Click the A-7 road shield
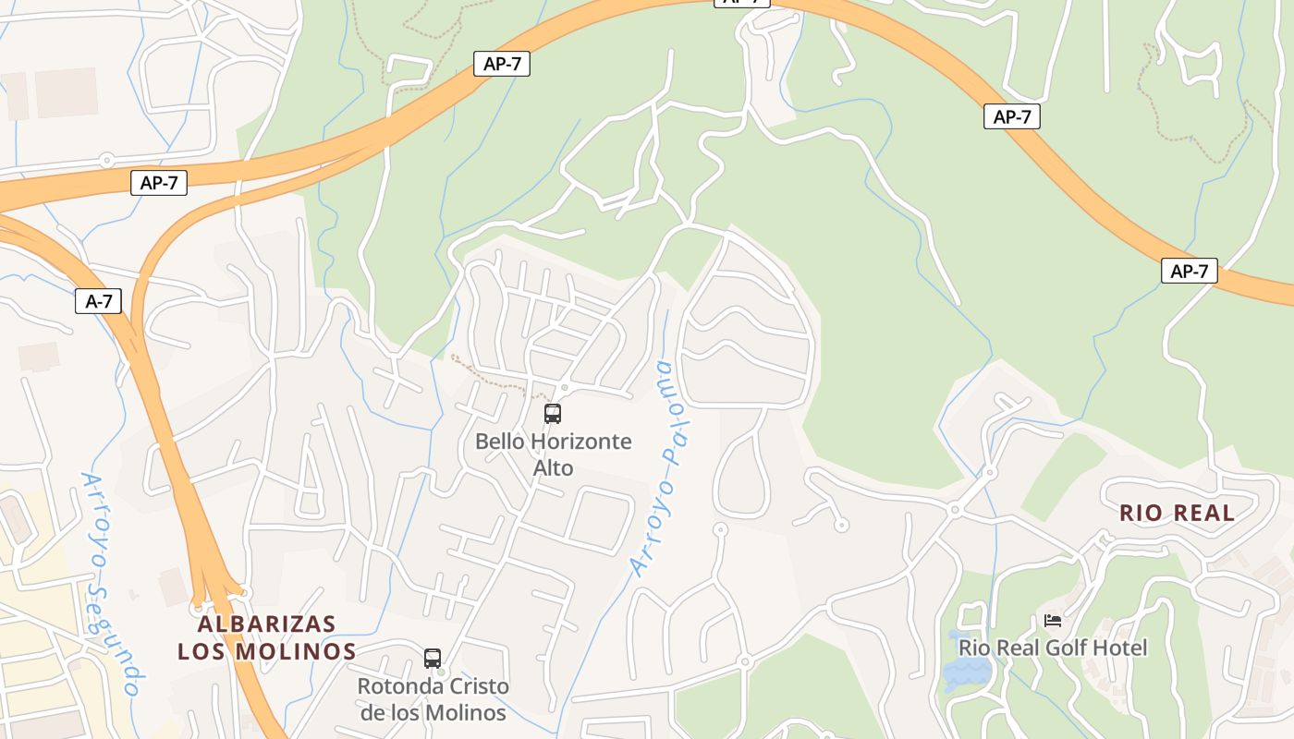point(98,301)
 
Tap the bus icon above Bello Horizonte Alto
point(553,413)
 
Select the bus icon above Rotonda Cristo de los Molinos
point(433,659)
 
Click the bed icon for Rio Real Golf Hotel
point(1053,621)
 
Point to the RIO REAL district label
point(1177,514)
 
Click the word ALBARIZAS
point(267,624)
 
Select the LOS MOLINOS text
point(267,652)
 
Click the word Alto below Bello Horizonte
point(553,468)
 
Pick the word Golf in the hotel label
point(1069,648)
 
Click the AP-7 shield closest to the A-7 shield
point(159,183)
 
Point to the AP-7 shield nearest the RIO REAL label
point(1189,271)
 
